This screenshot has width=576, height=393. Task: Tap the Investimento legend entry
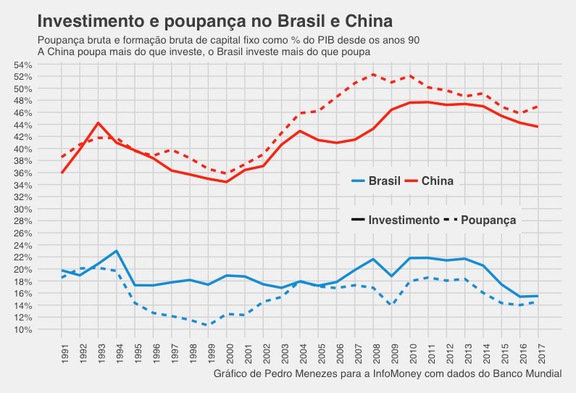404,220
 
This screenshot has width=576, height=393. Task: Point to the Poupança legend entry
488,220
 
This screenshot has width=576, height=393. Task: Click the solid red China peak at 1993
99,123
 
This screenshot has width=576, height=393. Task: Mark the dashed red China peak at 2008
373,74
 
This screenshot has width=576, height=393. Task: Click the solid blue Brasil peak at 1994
117,251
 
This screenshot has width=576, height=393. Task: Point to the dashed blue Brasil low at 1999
208,325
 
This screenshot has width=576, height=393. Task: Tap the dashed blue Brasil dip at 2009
392,305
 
